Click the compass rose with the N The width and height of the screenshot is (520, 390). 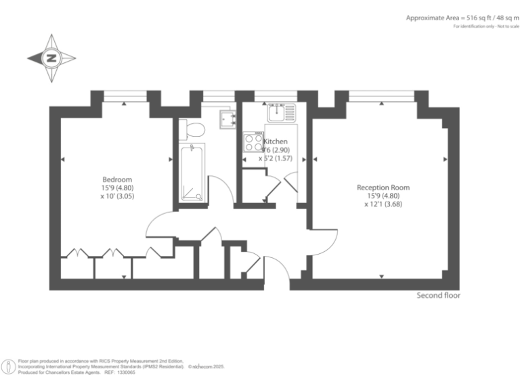pyautogui.click(x=51, y=59)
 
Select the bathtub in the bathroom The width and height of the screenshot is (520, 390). pyautogui.click(x=192, y=173)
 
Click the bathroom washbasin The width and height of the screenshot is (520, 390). pyautogui.click(x=227, y=119)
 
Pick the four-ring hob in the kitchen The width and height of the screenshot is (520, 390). pyautogui.click(x=254, y=142)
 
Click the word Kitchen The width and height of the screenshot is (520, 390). pyautogui.click(x=275, y=142)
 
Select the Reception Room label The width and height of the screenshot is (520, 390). pyautogui.click(x=383, y=188)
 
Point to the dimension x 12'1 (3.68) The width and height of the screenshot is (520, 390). pyautogui.click(x=383, y=204)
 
